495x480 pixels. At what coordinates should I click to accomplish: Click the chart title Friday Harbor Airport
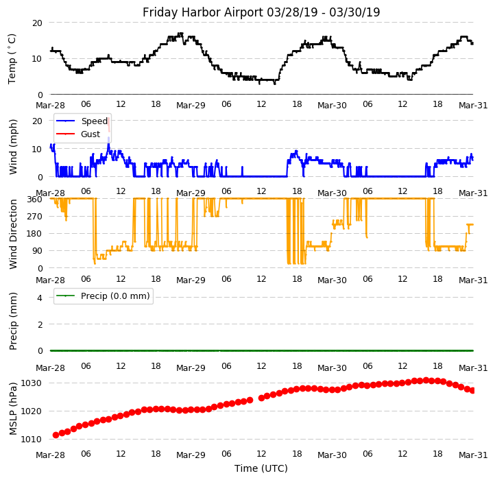click(261, 12)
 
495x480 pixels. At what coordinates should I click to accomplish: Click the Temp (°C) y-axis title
click(12, 58)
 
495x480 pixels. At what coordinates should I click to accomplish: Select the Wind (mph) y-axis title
click(13, 146)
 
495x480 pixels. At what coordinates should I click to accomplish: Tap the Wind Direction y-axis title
click(13, 233)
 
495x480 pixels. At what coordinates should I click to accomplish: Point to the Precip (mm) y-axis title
click(13, 320)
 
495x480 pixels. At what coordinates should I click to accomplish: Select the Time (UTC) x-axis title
click(261, 468)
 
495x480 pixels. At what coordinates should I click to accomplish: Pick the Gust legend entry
click(90, 134)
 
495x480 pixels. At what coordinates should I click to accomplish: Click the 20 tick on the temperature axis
click(37, 23)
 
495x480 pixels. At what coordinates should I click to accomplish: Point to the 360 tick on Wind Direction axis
click(34, 199)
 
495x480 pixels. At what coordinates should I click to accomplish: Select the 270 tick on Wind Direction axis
click(34, 216)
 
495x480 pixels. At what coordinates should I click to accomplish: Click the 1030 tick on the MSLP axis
click(32, 383)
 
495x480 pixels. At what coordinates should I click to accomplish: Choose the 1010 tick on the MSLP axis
click(32, 439)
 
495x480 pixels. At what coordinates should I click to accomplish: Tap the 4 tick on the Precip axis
click(39, 298)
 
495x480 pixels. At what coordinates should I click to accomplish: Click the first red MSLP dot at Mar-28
click(56, 435)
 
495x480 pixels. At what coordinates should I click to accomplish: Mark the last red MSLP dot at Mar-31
click(472, 390)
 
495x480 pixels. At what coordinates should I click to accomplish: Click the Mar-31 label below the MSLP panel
click(473, 455)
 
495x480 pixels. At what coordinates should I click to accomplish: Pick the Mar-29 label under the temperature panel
click(191, 106)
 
